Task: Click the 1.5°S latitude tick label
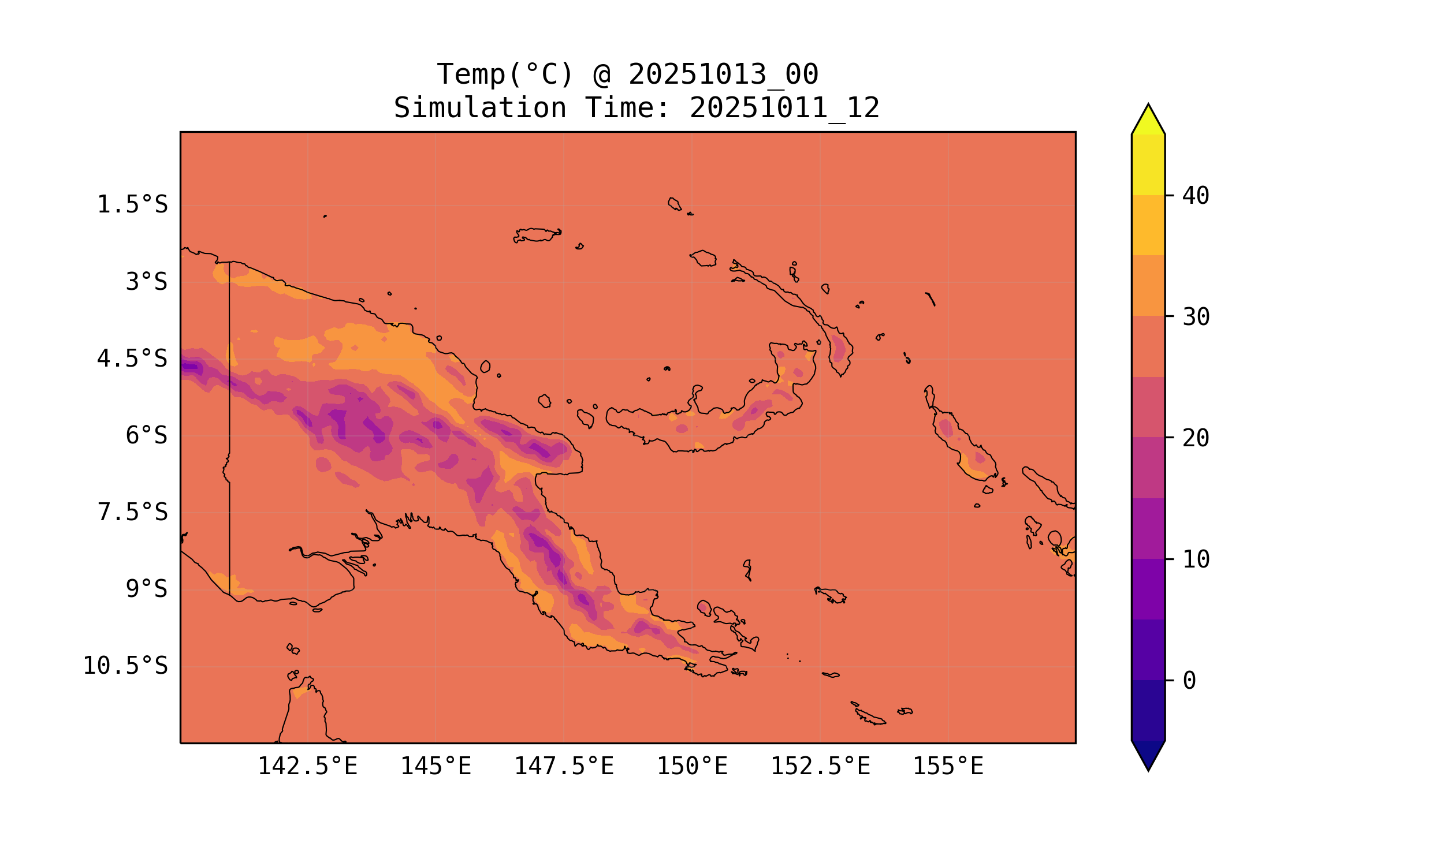point(132,205)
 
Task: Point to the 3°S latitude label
point(147,282)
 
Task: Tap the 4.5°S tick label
point(132,359)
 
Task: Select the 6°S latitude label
point(147,435)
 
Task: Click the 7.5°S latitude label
point(132,512)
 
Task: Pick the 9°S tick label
point(147,589)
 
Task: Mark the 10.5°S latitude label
point(125,666)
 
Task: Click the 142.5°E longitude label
point(308,766)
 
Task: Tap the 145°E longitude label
point(436,766)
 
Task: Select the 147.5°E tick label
point(564,766)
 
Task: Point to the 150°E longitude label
point(692,766)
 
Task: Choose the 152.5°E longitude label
point(820,766)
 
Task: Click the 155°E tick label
point(948,766)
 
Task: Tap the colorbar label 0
point(1189,681)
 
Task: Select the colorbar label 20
point(1196,438)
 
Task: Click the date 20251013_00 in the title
point(723,74)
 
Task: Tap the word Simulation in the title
point(480,108)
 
